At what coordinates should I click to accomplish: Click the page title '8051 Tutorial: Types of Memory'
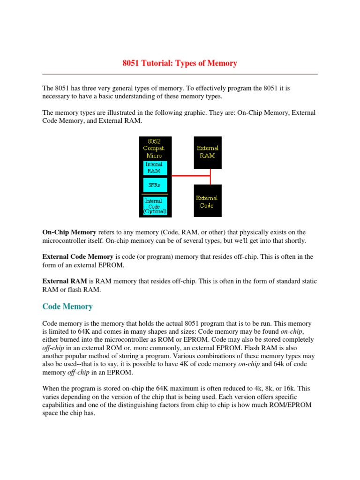point(180,63)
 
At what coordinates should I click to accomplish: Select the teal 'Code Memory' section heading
point(67,307)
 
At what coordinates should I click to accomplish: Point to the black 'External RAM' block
point(207,152)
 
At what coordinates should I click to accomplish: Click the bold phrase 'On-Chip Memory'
point(69,232)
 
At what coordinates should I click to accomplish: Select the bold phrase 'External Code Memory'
point(78,257)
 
